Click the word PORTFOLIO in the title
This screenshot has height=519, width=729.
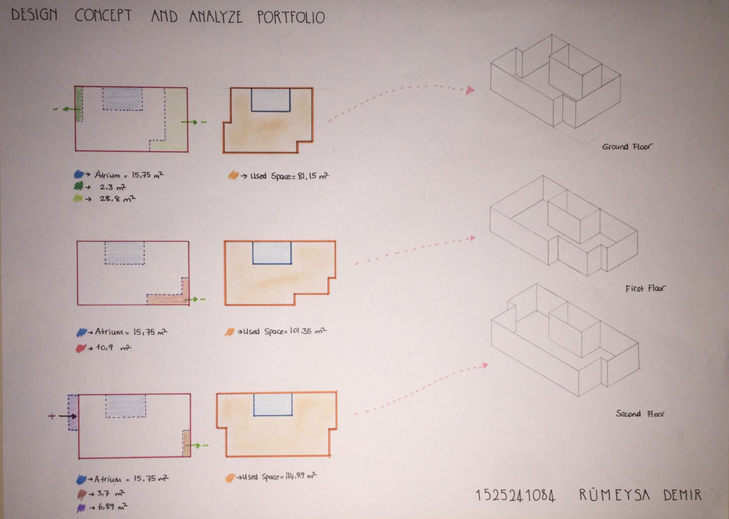coord(291,17)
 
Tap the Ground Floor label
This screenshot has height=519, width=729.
coord(627,147)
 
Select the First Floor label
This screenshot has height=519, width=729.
coord(645,289)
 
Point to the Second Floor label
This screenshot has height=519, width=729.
coord(640,413)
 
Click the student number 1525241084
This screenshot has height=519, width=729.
coord(515,496)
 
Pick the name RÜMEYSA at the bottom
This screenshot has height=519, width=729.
coord(614,494)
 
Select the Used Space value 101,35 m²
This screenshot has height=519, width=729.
coord(308,331)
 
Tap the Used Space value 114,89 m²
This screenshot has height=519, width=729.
coord(298,476)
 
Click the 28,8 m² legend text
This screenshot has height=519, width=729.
coord(117,198)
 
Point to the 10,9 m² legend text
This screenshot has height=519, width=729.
coord(113,348)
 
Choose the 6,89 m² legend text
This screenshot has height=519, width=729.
coord(112,507)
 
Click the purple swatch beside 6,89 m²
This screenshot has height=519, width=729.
coord(81,508)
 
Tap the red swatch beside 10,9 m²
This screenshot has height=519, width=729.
coord(81,348)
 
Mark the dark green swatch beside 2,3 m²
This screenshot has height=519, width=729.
coord(79,187)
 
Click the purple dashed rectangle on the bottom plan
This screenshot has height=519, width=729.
coord(73,412)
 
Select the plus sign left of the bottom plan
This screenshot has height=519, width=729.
coord(52,415)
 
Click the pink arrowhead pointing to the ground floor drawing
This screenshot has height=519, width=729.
coord(470,90)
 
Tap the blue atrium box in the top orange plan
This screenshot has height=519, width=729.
coord(270,100)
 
